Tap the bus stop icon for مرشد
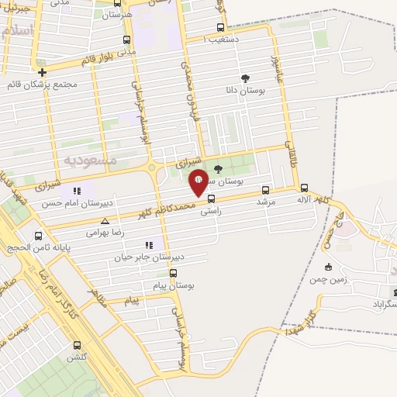(266, 189)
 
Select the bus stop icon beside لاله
(303, 188)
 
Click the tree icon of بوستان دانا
(246, 78)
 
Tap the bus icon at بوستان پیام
(173, 273)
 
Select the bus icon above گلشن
(77, 345)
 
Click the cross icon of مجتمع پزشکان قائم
(42, 72)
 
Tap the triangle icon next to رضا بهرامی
(116, 222)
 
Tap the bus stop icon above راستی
(211, 198)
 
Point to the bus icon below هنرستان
(127, 40)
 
